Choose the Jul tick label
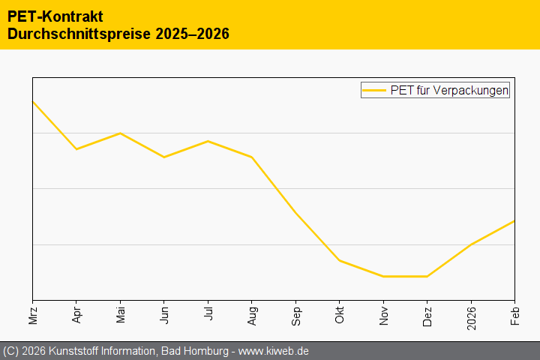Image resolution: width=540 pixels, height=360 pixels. pos(208,313)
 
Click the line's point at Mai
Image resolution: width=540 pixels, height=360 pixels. pos(120,133)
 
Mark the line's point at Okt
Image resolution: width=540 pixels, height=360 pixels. pos(339,260)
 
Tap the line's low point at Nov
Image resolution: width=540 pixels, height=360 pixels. pos(383,276)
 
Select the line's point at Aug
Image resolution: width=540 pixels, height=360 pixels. pos(252,157)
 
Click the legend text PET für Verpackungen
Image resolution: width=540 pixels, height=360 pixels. pos(449,91)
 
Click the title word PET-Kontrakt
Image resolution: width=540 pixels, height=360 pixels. pos(55,16)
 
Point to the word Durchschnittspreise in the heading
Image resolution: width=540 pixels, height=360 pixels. pos(79,34)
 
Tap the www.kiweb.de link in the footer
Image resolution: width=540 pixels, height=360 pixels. pos(274,351)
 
